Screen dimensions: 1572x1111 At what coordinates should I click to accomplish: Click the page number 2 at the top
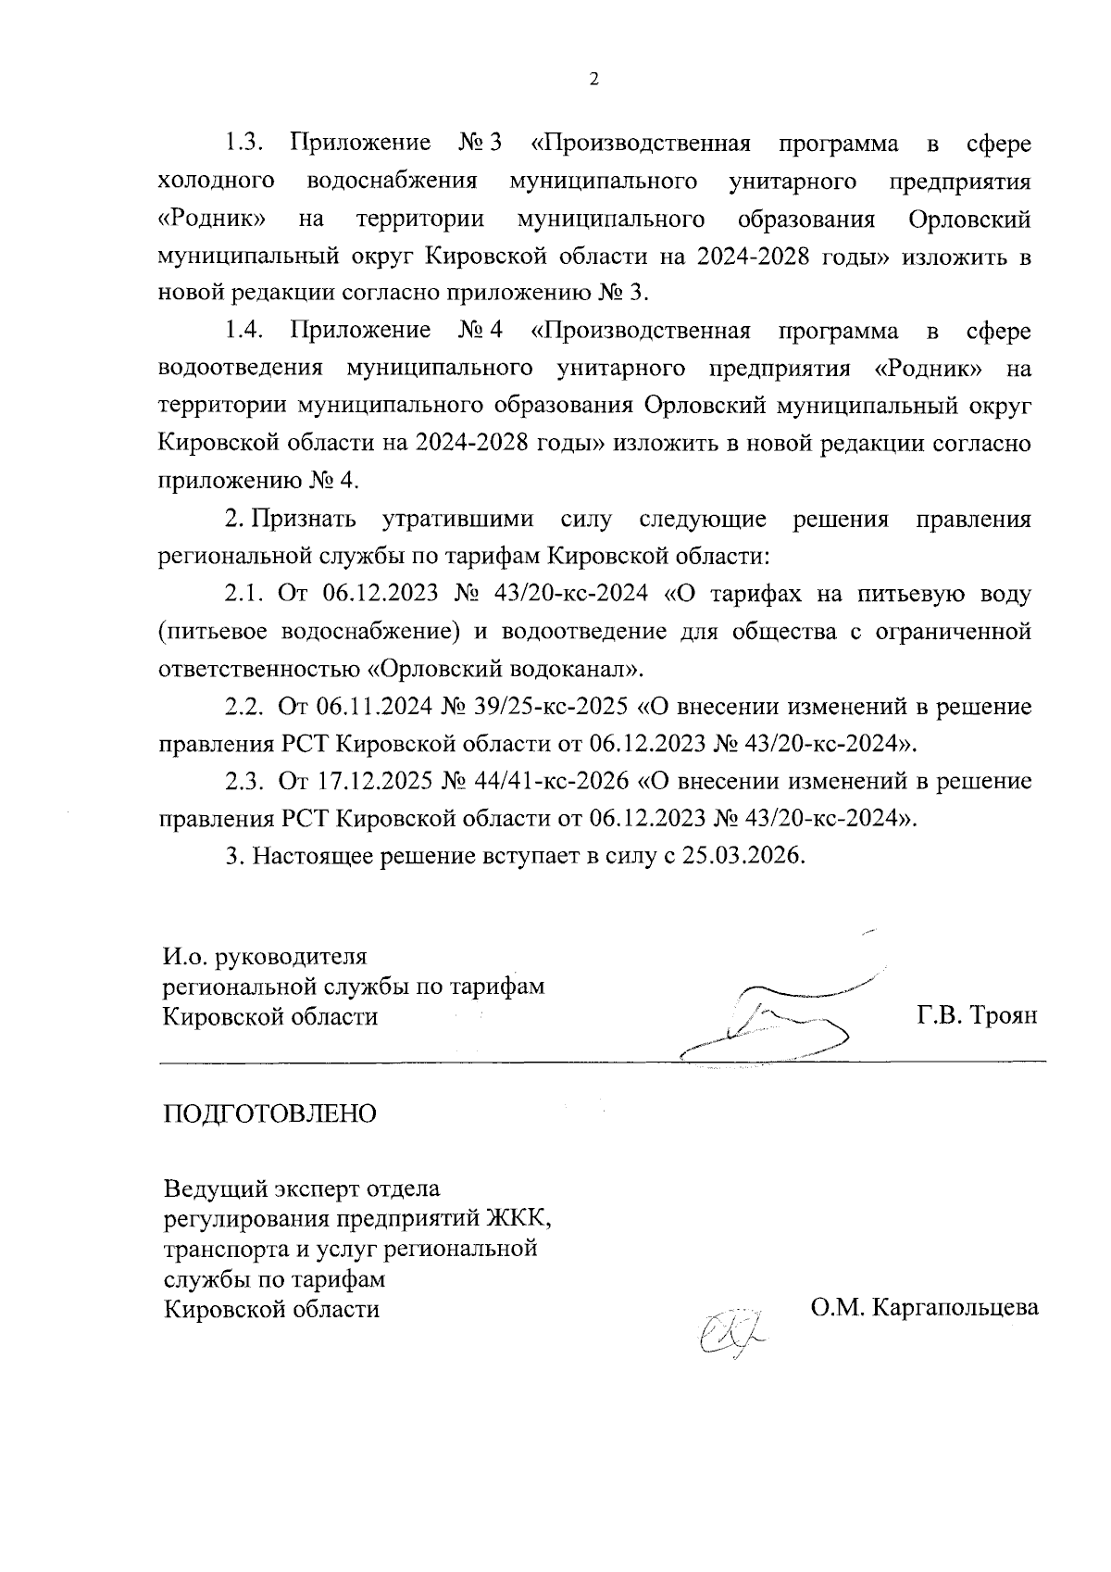tap(593, 80)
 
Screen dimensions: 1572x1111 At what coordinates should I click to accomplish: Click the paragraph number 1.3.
tap(244, 144)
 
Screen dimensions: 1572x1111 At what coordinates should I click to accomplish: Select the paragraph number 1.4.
tap(244, 331)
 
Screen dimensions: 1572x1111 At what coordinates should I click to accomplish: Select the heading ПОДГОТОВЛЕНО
tap(270, 1113)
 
